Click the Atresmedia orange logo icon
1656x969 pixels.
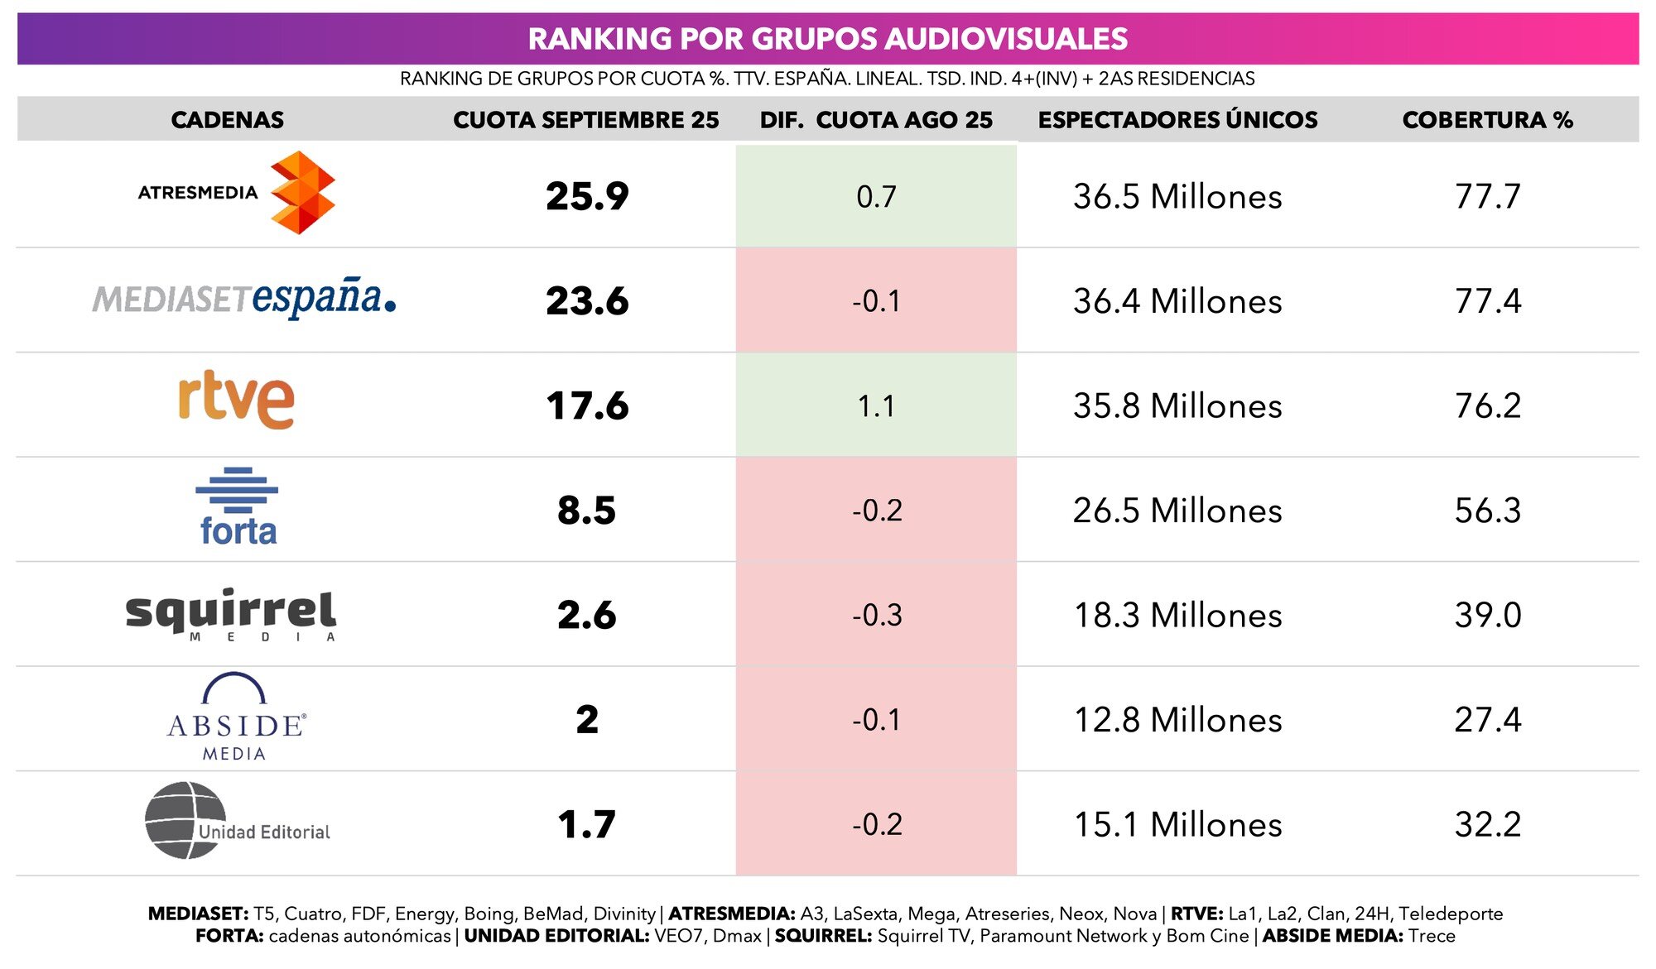(302, 193)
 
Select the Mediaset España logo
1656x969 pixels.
(244, 299)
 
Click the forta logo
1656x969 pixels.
(237, 507)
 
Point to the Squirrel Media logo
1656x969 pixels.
(230, 615)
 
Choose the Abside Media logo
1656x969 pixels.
(236, 717)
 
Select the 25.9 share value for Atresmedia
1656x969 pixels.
(587, 196)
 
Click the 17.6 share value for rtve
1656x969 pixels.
(587, 405)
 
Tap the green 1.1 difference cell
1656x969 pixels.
(876, 405)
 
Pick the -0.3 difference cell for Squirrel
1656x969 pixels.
(876, 615)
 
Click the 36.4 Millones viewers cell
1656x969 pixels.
(1177, 301)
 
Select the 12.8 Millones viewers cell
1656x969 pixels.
(1177, 720)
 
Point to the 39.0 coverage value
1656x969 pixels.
(1487, 615)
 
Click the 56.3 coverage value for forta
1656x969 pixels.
(1487, 511)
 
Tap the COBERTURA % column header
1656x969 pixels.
(1487, 120)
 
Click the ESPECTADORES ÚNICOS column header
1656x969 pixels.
(1177, 120)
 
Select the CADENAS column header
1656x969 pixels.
(227, 120)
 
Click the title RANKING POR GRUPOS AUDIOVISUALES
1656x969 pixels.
(827, 39)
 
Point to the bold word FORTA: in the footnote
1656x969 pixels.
(229, 936)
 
